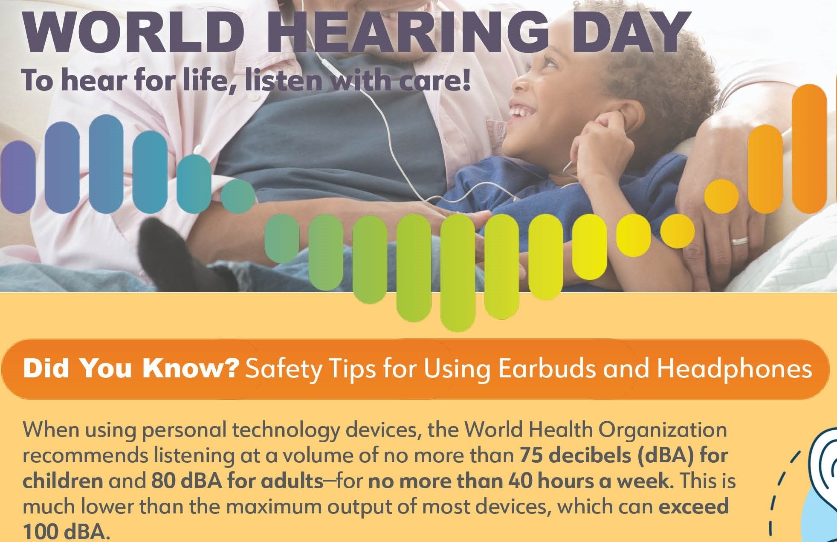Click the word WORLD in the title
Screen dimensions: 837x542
click(134, 32)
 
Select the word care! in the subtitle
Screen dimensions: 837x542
click(434, 81)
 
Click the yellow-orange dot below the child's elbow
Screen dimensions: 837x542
click(677, 231)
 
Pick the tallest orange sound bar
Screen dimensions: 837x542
click(809, 148)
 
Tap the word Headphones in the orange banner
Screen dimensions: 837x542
click(734, 368)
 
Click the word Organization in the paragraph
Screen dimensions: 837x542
click(663, 430)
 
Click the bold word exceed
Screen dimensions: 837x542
click(694, 507)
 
